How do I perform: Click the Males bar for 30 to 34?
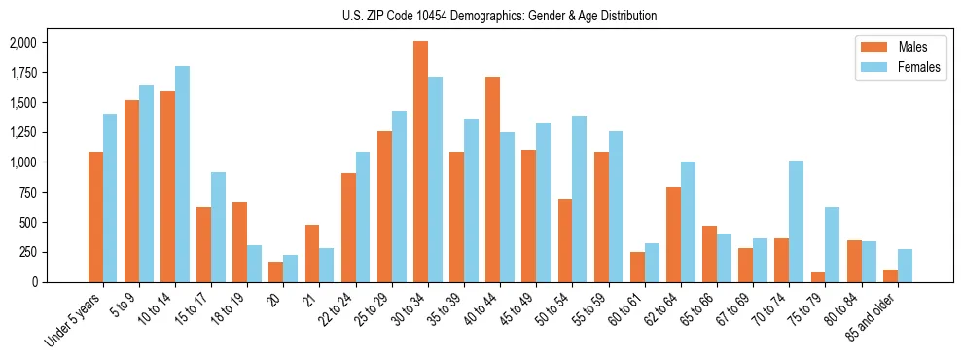click(x=420, y=162)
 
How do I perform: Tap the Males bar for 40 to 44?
click(x=492, y=179)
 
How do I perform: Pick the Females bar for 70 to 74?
click(x=796, y=221)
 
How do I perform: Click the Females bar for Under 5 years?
click(x=110, y=198)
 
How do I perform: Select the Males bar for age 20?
click(x=276, y=271)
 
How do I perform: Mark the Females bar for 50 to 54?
click(x=579, y=198)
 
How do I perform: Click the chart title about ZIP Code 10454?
click(x=500, y=16)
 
